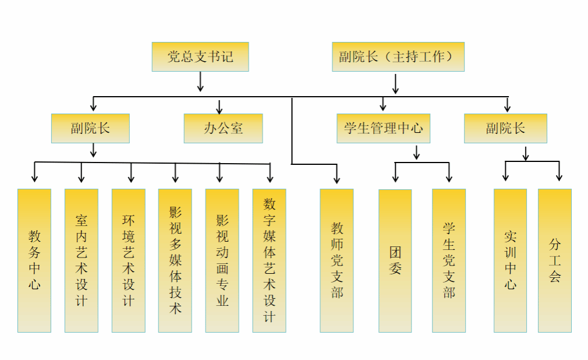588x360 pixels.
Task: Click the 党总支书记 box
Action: pyautogui.click(x=200, y=57)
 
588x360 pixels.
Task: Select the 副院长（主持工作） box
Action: pyautogui.click(x=398, y=57)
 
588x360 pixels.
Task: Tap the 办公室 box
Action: pyautogui.click(x=223, y=128)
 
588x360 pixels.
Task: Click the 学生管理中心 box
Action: pyautogui.click(x=383, y=128)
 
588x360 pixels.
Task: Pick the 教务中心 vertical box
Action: pyautogui.click(x=34, y=260)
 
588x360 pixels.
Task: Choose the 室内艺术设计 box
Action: pyautogui.click(x=82, y=260)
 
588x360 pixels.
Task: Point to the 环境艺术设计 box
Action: pyautogui.click(x=129, y=260)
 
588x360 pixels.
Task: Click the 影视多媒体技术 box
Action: pyautogui.click(x=175, y=260)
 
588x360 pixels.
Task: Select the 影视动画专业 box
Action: pyautogui.click(x=222, y=260)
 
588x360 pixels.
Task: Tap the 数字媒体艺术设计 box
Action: pyautogui.click(x=269, y=260)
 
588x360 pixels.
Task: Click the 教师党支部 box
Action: pyautogui.click(x=336, y=260)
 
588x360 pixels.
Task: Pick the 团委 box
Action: pyautogui.click(x=395, y=260)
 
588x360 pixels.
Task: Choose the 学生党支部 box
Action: pyautogui.click(x=449, y=260)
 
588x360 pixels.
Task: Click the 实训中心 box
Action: pyautogui.click(x=510, y=260)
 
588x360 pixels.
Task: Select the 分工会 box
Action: pyautogui.click(x=555, y=260)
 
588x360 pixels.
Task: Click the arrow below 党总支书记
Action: pyautogui.click(x=200, y=82)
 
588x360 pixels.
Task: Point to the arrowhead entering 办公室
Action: pyautogui.click(x=219, y=110)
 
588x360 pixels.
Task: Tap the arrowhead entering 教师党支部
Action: pyautogui.click(x=336, y=179)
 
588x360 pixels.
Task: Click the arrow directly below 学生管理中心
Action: pyautogui.click(x=416, y=153)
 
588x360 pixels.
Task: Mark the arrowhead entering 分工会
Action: pyautogui.click(x=559, y=177)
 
